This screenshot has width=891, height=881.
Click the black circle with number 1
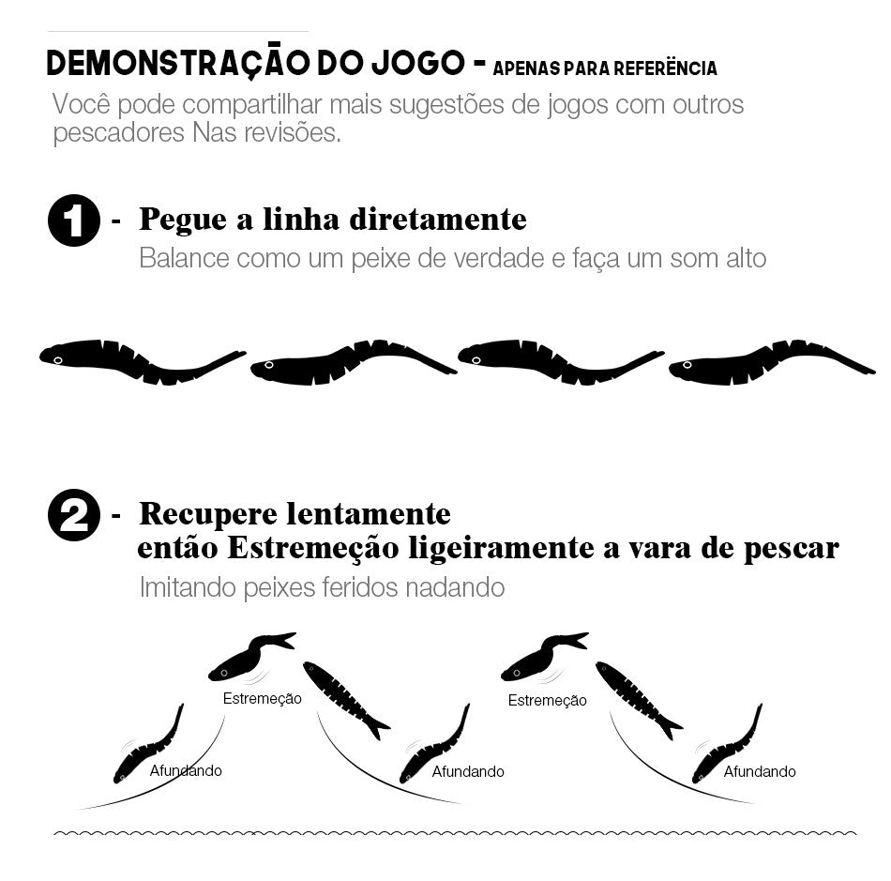[74, 220]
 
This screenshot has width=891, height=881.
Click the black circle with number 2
[74, 515]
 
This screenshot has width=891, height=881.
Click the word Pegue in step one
[183, 220]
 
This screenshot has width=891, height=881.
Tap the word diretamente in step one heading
[438, 219]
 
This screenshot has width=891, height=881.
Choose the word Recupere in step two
[208, 515]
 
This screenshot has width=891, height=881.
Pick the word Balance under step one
[185, 258]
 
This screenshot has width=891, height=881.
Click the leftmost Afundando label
[186, 770]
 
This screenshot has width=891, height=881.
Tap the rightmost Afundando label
[760, 771]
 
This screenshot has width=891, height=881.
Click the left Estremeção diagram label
[262, 699]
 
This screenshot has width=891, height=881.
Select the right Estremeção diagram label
[547, 700]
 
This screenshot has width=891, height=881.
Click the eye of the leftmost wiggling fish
[57, 360]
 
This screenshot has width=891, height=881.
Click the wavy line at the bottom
[455, 834]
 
